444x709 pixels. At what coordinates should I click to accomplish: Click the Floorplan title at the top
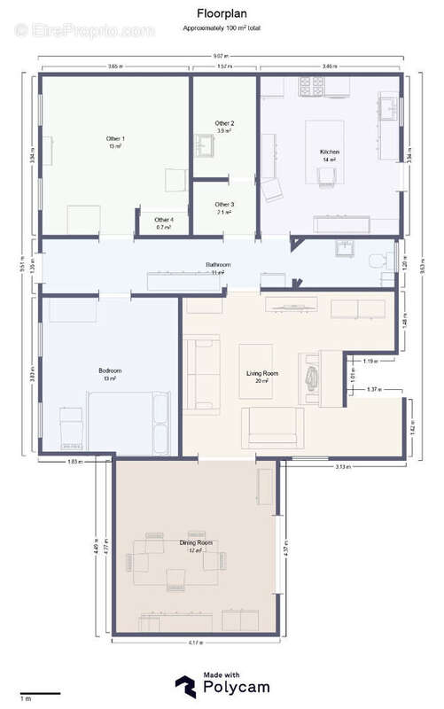pos(222,14)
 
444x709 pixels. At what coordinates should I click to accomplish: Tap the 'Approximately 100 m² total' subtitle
pos(222,28)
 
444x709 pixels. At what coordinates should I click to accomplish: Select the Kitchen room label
pos(330,152)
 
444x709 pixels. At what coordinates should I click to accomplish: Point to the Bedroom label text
pos(110,370)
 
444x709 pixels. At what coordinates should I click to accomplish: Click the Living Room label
pos(262,373)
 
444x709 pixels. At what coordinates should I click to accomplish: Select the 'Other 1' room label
pos(115,139)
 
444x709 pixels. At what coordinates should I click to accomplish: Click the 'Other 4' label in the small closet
pos(164,220)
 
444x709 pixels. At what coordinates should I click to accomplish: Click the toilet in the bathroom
pos(382,261)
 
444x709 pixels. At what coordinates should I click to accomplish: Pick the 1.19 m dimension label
pos(370,361)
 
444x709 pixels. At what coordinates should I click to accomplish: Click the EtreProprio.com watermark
pos(84,30)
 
